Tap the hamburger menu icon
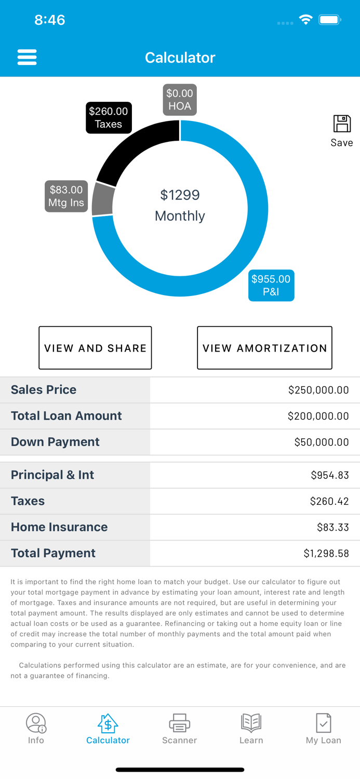coord(27,57)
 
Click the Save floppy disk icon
coord(342,124)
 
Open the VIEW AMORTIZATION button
coord(264,348)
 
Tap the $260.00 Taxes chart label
coord(109,118)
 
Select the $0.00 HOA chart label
coord(180,100)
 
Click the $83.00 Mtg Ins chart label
coord(66,196)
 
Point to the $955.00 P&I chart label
coord(271,285)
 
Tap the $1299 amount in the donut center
coord(180,195)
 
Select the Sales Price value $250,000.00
coord(318,390)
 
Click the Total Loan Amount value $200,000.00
coord(318,416)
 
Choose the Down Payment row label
coord(55,442)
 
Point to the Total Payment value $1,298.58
coord(326,554)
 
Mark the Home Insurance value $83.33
coord(332,528)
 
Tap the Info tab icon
coord(36,722)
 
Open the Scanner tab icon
coord(179,722)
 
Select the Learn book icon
coord(251,722)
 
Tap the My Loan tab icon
coord(323,722)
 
